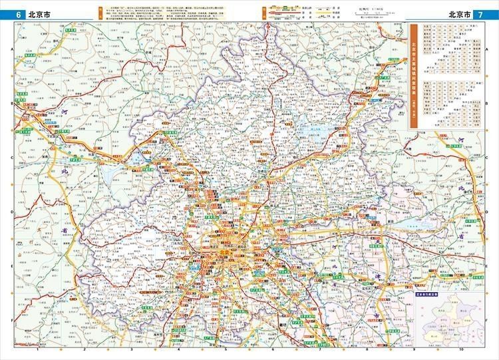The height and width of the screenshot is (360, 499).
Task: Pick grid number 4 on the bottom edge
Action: [178, 348]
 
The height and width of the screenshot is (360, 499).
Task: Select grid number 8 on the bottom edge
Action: [367, 348]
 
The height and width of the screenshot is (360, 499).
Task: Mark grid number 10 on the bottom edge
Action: [460, 348]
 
